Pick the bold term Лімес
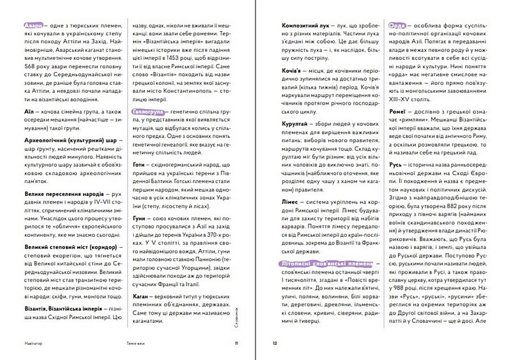pyautogui.click(x=291, y=200)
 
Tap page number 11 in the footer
pyautogui.click(x=237, y=343)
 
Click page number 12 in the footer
pyautogui.click(x=275, y=343)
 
